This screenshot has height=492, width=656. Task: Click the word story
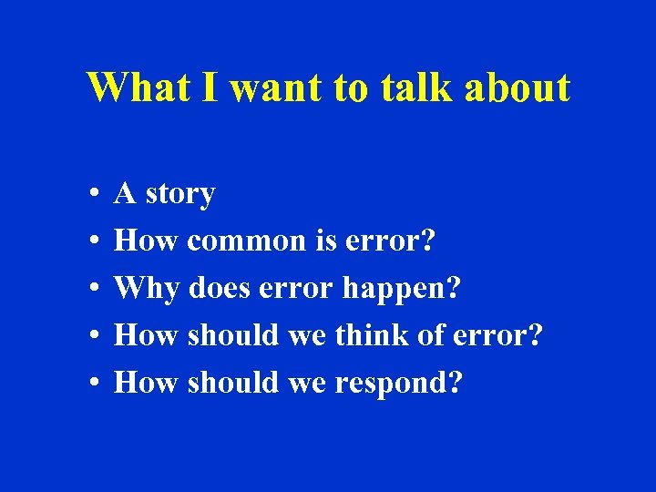tap(179, 195)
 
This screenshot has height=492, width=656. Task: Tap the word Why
tap(148, 290)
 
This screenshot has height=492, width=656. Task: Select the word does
tap(220, 289)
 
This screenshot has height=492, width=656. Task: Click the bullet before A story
tap(95, 195)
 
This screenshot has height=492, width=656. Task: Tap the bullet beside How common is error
tap(95, 242)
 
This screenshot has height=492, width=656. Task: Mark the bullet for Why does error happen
tap(95, 290)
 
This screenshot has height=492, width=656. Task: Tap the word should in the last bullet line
tap(232, 383)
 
